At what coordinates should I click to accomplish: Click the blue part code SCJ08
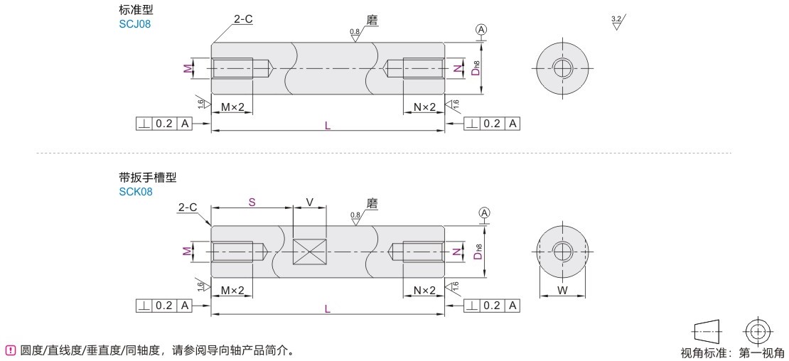(135, 23)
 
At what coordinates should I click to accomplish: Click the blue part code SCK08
(135, 192)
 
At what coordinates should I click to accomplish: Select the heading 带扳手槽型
(148, 177)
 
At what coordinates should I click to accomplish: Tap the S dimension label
(252, 202)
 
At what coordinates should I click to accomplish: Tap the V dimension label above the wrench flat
(309, 202)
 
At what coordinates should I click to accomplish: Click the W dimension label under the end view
(562, 290)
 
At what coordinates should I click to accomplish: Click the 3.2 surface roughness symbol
(617, 23)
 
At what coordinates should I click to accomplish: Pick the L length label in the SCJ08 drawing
(327, 126)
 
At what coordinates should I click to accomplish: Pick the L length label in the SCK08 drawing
(327, 309)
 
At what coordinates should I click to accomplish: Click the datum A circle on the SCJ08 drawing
(481, 31)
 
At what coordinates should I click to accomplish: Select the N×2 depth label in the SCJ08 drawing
(424, 107)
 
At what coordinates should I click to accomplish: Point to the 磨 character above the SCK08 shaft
(372, 204)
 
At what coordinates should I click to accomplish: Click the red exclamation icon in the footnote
(9, 350)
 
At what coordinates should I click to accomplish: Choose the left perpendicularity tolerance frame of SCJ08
(164, 123)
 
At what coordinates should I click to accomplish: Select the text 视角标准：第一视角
(732, 353)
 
